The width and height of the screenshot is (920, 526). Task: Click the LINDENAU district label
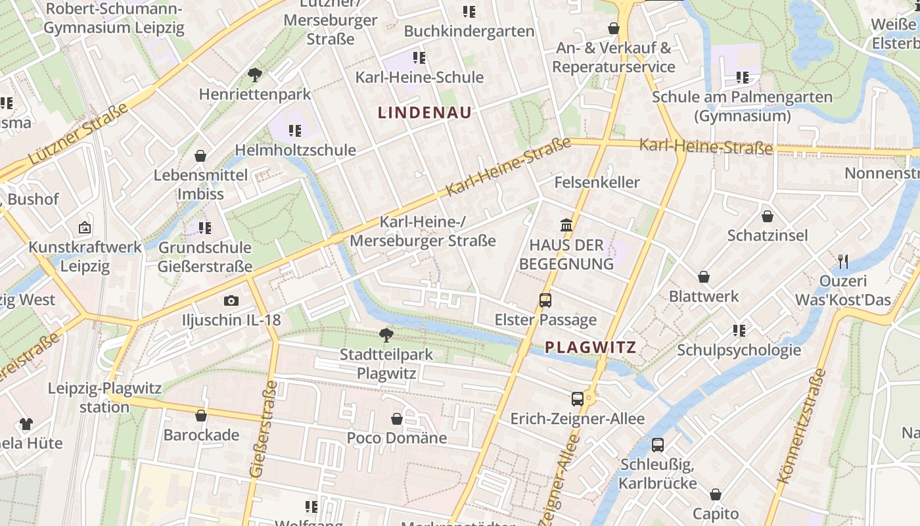[x=425, y=112]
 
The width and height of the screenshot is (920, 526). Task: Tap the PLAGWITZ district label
[x=591, y=347]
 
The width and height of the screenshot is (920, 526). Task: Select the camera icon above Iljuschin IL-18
[x=231, y=300]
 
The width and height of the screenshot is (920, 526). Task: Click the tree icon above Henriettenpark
[x=255, y=75]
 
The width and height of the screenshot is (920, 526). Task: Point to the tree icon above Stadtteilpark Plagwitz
[x=386, y=335]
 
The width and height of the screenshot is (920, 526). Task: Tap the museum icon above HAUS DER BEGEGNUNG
[x=566, y=226]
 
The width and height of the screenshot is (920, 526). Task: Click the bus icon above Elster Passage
[x=545, y=300]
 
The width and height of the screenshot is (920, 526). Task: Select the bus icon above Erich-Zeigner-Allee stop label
[x=577, y=398]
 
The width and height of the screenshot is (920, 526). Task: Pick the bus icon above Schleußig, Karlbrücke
[x=657, y=445]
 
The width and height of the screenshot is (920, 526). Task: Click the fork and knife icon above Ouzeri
[x=843, y=262]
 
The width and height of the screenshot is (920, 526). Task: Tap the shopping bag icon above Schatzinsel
[x=767, y=216]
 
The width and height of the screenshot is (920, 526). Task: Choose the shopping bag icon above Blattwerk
[x=704, y=277]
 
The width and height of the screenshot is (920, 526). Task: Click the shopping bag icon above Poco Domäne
[x=397, y=419]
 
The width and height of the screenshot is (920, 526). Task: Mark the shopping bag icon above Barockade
[x=201, y=416]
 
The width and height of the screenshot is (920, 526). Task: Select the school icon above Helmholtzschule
[x=295, y=130]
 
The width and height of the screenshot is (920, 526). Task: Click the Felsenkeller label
[x=597, y=182]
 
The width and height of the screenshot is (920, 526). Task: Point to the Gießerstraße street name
[x=262, y=429]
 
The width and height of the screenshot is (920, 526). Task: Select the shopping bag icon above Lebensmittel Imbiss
[x=200, y=156]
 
